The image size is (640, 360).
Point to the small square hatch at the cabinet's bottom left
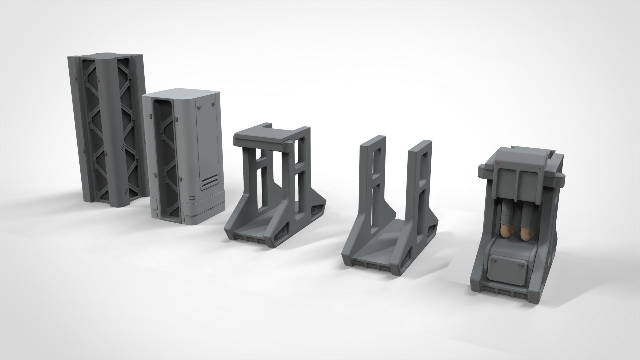pyautogui.click(x=155, y=203)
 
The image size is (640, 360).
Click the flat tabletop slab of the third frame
pyautogui.click(x=260, y=136)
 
